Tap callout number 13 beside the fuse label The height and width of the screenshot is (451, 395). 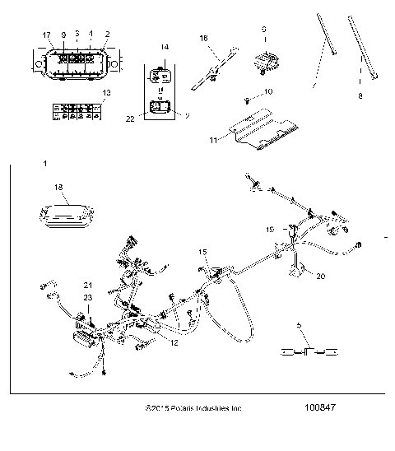105,94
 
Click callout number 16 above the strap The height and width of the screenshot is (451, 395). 205,38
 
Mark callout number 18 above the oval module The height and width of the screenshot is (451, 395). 58,188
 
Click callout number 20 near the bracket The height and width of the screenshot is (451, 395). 320,277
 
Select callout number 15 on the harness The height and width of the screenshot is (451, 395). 203,250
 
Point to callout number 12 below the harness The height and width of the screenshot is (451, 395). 174,331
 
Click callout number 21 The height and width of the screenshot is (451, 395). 88,285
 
